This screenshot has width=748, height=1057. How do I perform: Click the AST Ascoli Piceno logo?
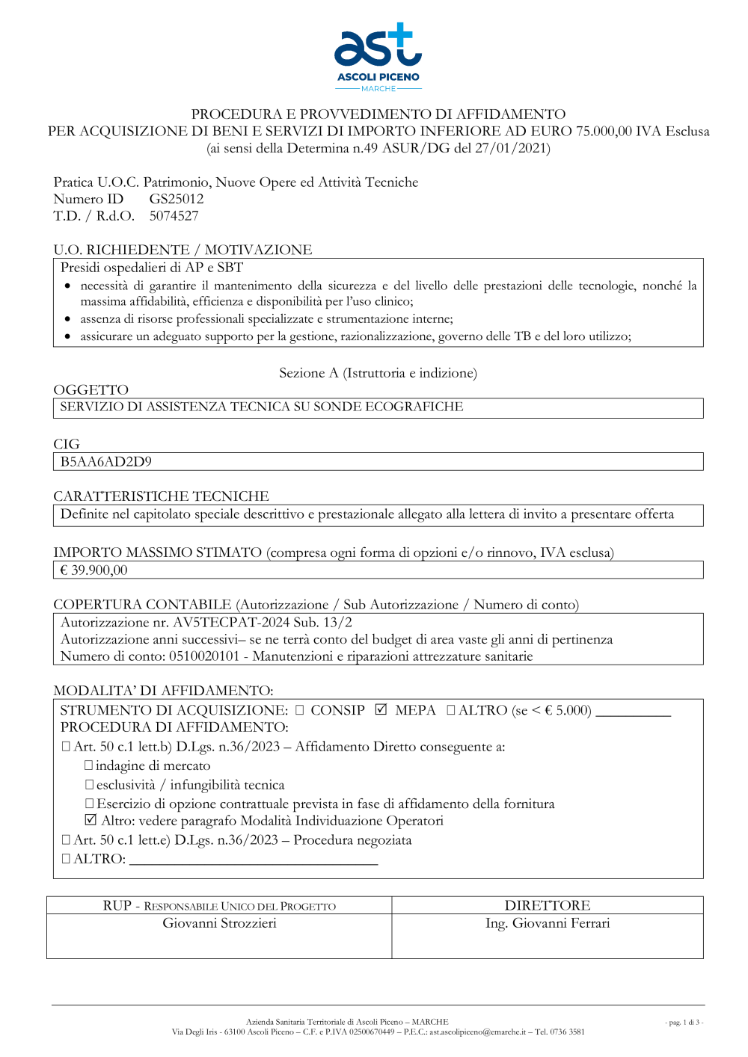378,57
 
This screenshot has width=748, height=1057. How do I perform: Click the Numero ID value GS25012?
177,199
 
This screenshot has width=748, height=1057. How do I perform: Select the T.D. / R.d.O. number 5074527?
174,216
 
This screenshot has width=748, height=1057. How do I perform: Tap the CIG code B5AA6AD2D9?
105,462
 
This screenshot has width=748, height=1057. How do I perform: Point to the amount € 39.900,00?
94,570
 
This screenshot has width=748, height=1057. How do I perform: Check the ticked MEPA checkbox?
381,709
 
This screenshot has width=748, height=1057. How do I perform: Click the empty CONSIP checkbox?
299,710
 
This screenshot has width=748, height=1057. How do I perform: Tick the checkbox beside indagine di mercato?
88,765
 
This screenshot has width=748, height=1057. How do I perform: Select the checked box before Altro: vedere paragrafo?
91,820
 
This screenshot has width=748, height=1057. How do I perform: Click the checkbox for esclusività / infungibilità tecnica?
89,785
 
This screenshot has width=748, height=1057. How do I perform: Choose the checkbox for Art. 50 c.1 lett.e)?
66,840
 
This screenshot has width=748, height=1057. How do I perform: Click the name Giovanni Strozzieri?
220,923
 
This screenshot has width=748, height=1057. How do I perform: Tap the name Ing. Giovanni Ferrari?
548,923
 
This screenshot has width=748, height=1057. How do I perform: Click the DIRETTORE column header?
548,905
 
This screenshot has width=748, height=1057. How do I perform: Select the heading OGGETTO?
91,389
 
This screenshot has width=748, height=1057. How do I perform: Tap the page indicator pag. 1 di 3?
684,1022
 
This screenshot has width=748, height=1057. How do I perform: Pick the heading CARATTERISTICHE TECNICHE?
161,496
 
